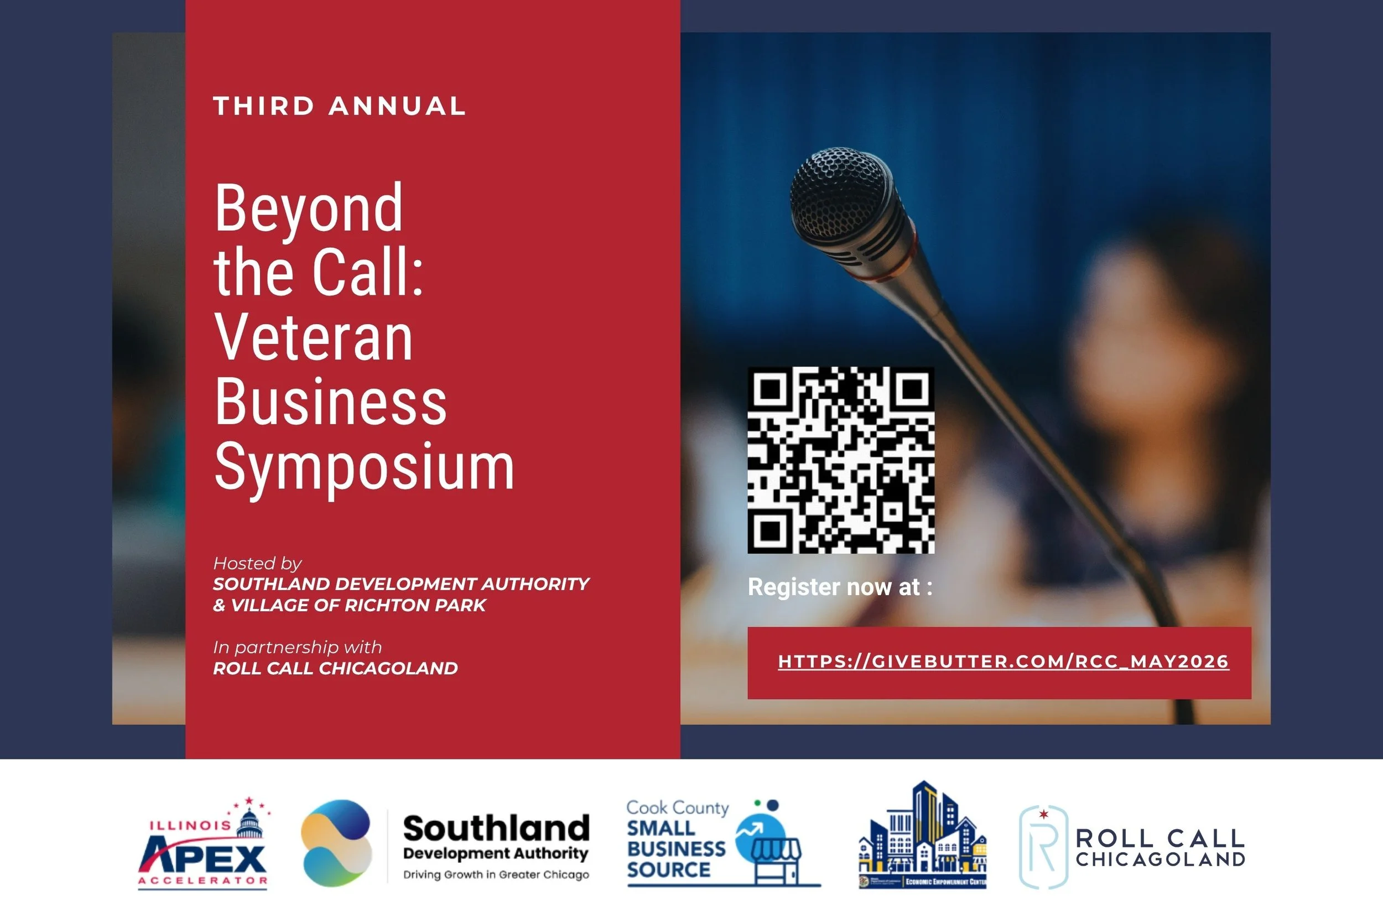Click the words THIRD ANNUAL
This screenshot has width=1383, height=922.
pyautogui.click(x=339, y=106)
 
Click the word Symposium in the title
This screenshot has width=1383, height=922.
pyautogui.click(x=364, y=467)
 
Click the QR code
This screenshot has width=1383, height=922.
pyautogui.click(x=840, y=460)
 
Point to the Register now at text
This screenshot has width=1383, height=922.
pyautogui.click(x=840, y=587)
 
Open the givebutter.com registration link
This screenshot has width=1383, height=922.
pyautogui.click(x=1003, y=661)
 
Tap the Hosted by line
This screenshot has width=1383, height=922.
pyautogui.click(x=257, y=563)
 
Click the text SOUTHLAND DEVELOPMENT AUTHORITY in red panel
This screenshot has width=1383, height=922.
pyautogui.click(x=401, y=584)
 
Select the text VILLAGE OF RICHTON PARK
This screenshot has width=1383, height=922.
pyautogui.click(x=357, y=605)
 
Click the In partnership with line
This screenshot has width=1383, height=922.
pyautogui.click(x=297, y=648)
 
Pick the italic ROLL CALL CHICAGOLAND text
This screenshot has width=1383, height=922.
pyautogui.click(x=335, y=669)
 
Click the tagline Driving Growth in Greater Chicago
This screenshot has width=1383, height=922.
pyautogui.click(x=496, y=874)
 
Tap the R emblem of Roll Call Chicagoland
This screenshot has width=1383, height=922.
pyautogui.click(x=1043, y=847)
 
